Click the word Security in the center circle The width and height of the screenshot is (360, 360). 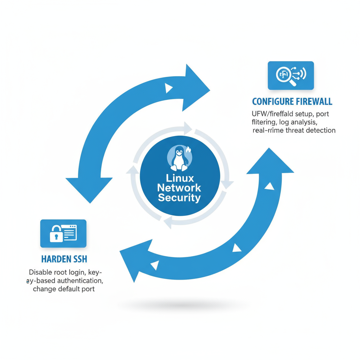coord(179,198)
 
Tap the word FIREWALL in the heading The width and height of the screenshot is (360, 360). coord(313,102)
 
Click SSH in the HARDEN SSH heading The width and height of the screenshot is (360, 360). coord(79,259)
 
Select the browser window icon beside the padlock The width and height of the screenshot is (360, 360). coord(69,232)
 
